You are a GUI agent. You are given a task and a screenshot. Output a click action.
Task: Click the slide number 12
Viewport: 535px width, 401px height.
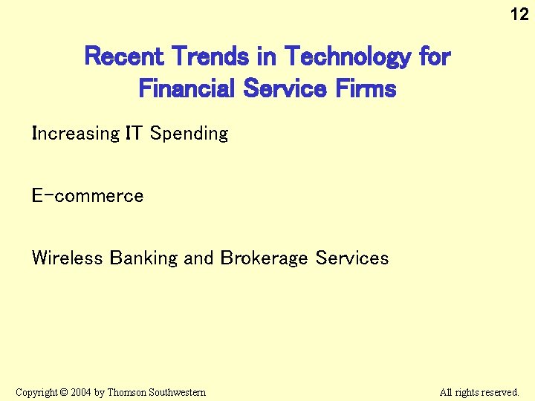[x=519, y=13]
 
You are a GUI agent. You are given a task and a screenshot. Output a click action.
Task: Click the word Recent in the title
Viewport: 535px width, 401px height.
[x=125, y=56]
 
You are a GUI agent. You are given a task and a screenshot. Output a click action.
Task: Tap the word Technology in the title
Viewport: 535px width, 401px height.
[x=346, y=56]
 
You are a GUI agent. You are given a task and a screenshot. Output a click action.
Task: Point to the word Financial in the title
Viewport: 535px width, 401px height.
[x=186, y=89]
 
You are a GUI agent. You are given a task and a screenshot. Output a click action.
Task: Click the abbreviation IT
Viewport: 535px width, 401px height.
[x=134, y=134]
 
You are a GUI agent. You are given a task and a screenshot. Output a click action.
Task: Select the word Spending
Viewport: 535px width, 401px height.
[x=189, y=134]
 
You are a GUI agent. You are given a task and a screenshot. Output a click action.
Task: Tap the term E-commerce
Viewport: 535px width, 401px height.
[x=88, y=196]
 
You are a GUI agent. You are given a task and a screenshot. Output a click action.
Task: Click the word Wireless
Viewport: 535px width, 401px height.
[x=67, y=258]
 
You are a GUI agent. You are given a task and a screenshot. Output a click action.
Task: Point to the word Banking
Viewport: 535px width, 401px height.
[x=144, y=259]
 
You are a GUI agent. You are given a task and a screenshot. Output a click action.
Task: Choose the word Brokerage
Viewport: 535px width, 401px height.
[x=264, y=259]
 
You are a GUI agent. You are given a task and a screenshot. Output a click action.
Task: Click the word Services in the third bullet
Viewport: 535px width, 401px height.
[x=352, y=258]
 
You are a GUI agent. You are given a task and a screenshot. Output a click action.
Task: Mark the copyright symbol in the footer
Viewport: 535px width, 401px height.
[x=64, y=392]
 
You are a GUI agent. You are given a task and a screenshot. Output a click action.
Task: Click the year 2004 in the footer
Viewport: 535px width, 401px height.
[x=81, y=392]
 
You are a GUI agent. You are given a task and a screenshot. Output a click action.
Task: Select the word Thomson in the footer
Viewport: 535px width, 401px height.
[x=127, y=392]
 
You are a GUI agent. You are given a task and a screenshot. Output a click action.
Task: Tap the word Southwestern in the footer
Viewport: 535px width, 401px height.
[x=178, y=392]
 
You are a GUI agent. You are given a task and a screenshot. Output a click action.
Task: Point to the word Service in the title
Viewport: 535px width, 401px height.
[x=284, y=89]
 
